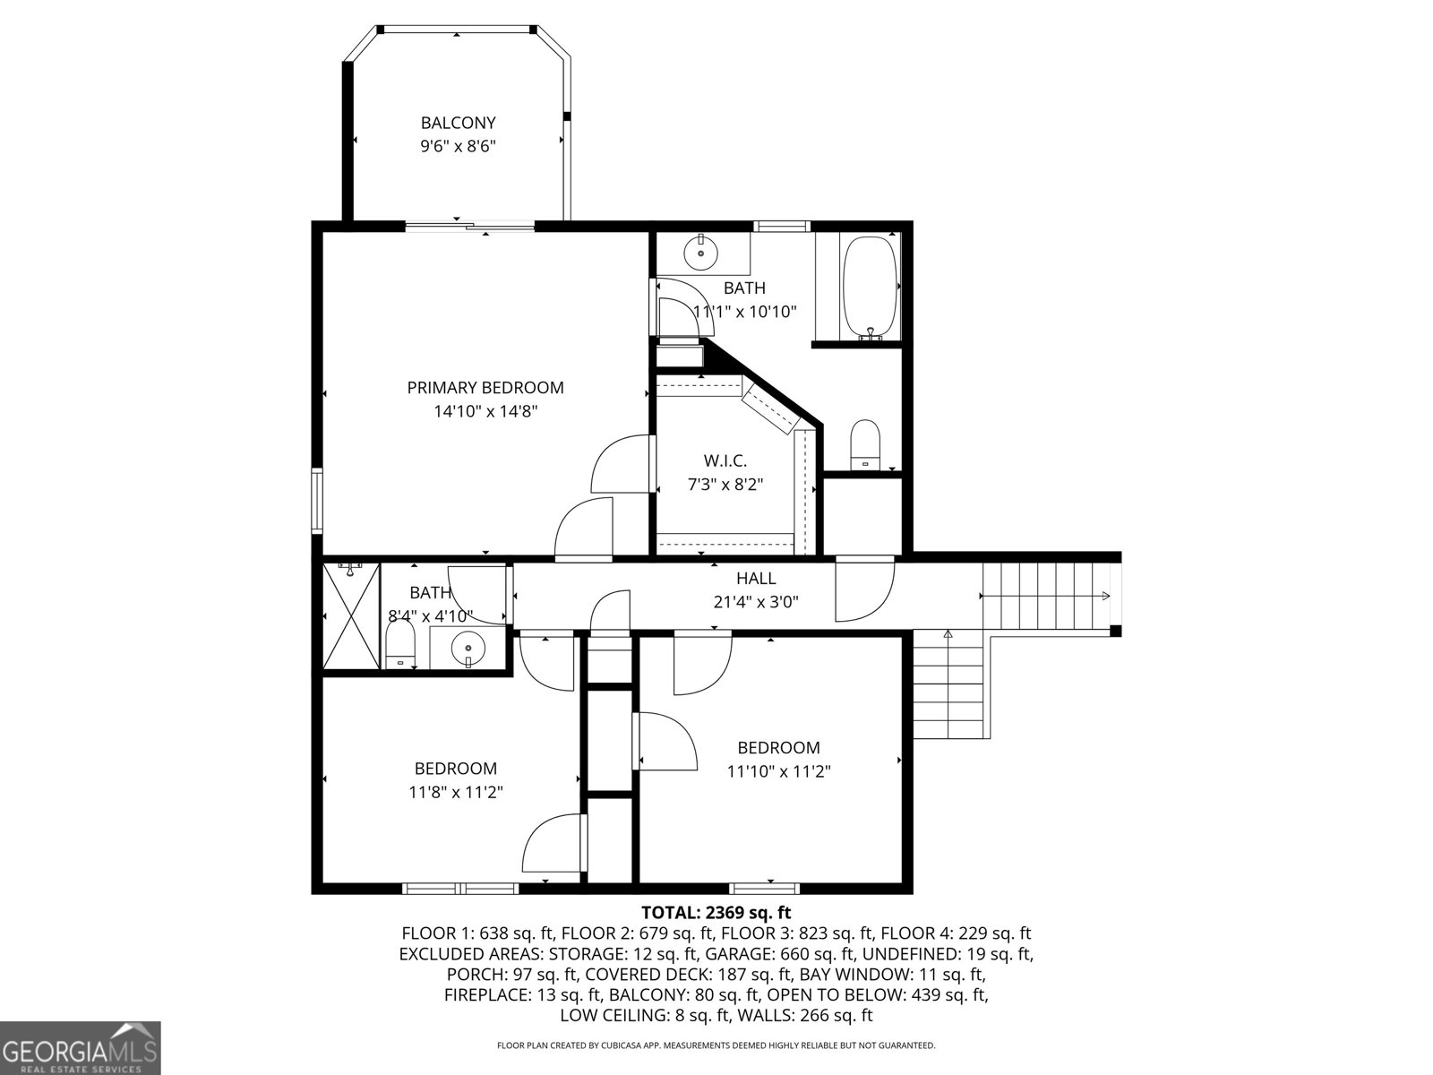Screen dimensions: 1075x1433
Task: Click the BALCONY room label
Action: [458, 123]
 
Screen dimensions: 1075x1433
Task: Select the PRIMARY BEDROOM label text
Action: [485, 388]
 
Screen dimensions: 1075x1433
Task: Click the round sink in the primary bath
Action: [700, 254]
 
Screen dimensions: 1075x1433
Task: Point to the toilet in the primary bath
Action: [865, 444]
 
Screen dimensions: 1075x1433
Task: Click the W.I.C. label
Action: [725, 460]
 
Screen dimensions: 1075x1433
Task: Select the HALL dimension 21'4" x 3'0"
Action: [756, 603]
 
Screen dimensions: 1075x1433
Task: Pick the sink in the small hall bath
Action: [467, 647]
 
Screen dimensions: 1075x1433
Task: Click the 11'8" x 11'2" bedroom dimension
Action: [456, 792]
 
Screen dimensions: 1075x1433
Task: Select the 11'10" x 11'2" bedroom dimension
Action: [778, 771]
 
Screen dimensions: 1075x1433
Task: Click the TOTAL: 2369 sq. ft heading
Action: [716, 913]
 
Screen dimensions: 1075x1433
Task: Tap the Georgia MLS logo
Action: [81, 1047]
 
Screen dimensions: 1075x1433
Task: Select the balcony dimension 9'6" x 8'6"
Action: [458, 147]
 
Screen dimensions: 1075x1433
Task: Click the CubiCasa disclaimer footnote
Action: [716, 1045]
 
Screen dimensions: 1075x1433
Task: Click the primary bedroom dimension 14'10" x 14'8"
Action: [485, 412]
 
